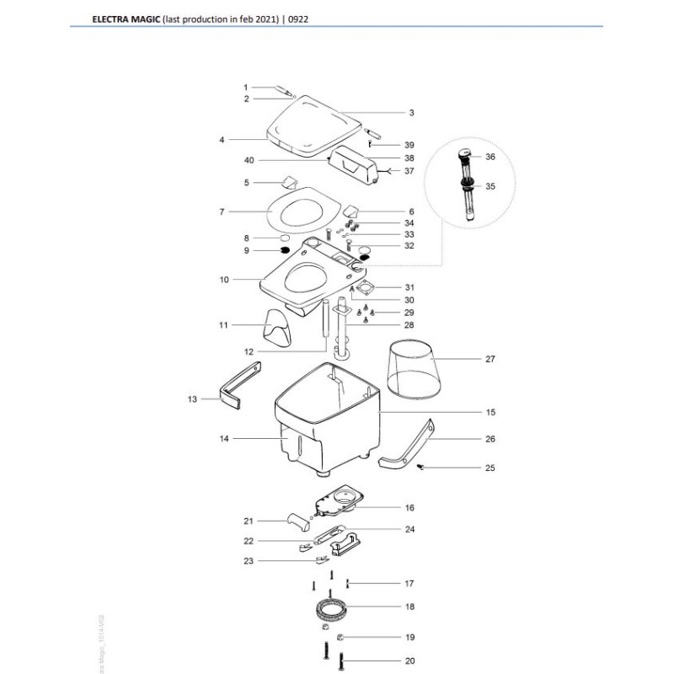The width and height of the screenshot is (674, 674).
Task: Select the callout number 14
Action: (x=224, y=439)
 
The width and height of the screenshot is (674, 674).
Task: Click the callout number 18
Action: (x=409, y=607)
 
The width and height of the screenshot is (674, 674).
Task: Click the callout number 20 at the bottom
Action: (x=409, y=661)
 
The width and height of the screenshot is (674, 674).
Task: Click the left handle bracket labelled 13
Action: (x=238, y=383)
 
